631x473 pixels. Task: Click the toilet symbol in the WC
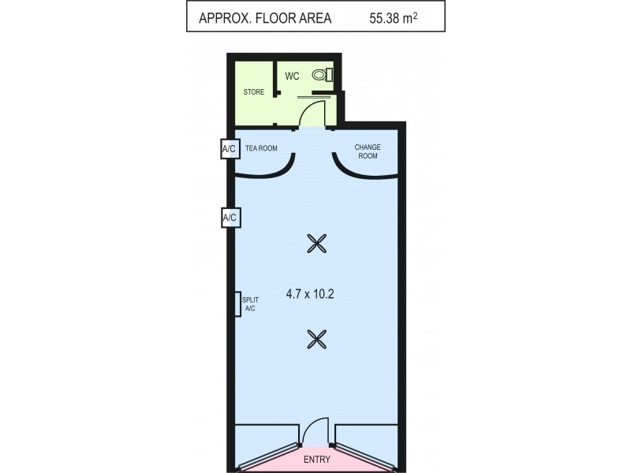point(319,75)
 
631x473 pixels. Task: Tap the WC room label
point(292,76)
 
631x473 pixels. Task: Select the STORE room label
point(254,92)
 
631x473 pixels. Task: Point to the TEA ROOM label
point(262,147)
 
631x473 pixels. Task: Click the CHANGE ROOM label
point(368,151)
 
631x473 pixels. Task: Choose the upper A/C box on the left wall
point(230,148)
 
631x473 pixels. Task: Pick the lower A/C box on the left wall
point(230,218)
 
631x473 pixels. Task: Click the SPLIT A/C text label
point(250,304)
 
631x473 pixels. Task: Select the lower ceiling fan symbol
point(316,339)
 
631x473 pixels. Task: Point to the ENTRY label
point(316,459)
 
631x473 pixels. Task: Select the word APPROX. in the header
point(226,17)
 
